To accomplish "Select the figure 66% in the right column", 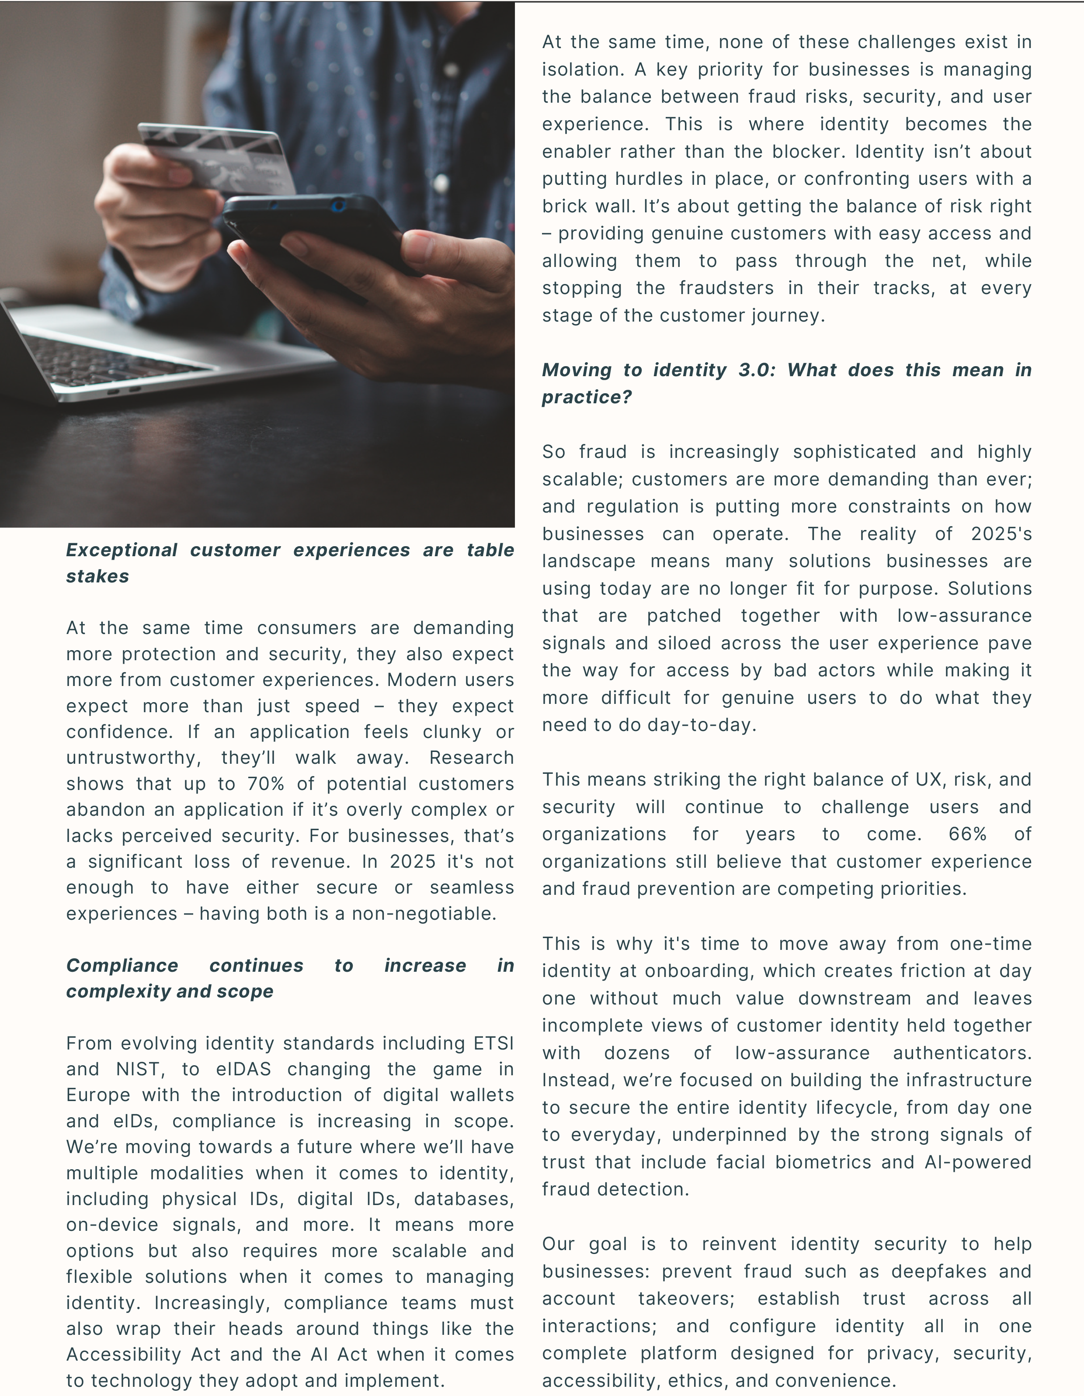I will (x=968, y=834).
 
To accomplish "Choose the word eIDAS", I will (x=243, y=1069).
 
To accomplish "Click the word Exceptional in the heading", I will (x=122, y=551).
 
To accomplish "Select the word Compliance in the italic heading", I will (x=122, y=965).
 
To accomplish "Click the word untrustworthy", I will (x=133, y=758).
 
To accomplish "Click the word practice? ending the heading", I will (x=587, y=398).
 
